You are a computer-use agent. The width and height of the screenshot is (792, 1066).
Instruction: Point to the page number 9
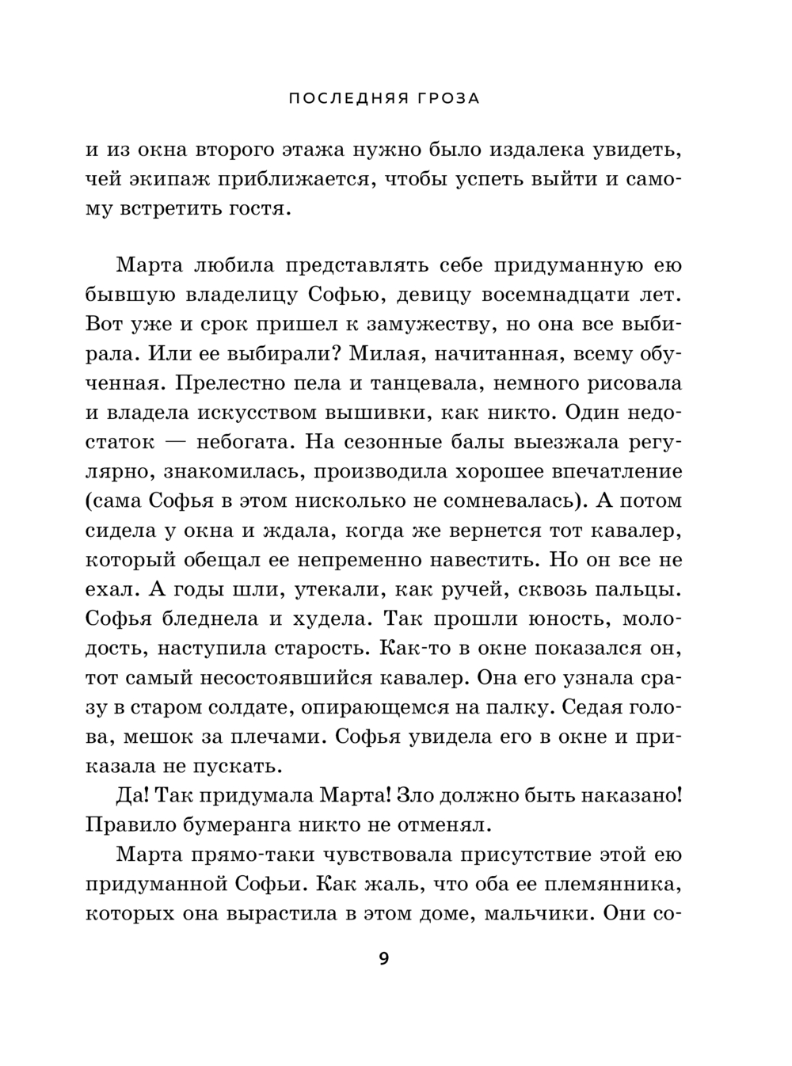click(384, 960)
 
